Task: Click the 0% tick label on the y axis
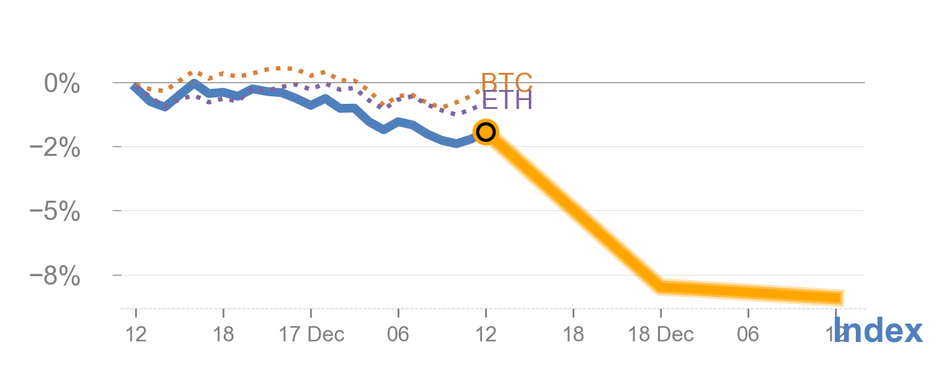(61, 83)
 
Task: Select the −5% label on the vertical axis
(56, 212)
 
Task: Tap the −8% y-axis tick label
(56, 276)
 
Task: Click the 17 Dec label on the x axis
(311, 334)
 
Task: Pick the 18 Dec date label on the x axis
(661, 334)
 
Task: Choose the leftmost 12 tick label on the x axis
(136, 334)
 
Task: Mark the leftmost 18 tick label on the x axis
(223, 334)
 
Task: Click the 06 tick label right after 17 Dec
(398, 334)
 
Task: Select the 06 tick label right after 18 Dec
(748, 334)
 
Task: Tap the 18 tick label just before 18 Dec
(573, 334)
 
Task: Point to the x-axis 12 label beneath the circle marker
(486, 334)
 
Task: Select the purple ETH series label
(507, 100)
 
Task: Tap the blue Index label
(877, 331)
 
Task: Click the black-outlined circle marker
(486, 132)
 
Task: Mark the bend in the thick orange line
(661, 286)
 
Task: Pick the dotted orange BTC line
(279, 68)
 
